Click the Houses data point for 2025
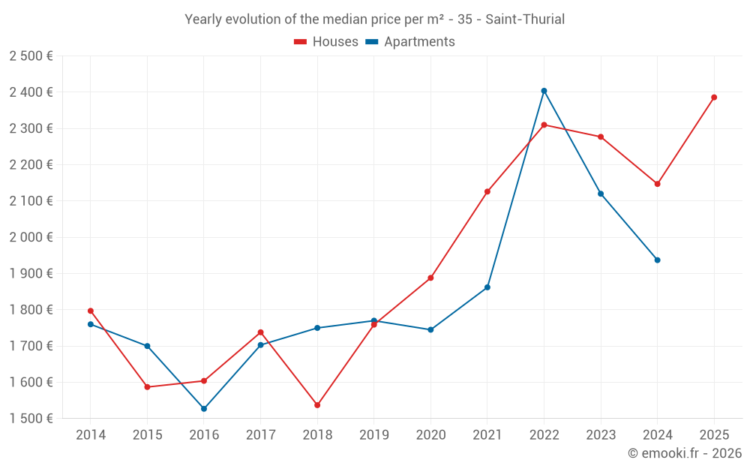[714, 98]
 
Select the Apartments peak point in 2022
[544, 91]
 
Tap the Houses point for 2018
[317, 405]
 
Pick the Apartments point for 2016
[204, 409]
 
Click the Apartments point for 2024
[657, 260]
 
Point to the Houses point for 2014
[91, 311]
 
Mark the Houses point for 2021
[487, 191]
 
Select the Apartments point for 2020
[430, 329]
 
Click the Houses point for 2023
[601, 137]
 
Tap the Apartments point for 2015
[147, 346]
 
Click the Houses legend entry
[326, 42]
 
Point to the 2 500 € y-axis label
[31, 56]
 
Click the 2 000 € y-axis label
[31, 237]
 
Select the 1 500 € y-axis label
[31, 419]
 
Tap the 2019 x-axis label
[373, 434]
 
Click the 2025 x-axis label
[714, 434]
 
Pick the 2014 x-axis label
[91, 434]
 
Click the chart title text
[374, 19]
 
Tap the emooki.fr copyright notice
[684, 453]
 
